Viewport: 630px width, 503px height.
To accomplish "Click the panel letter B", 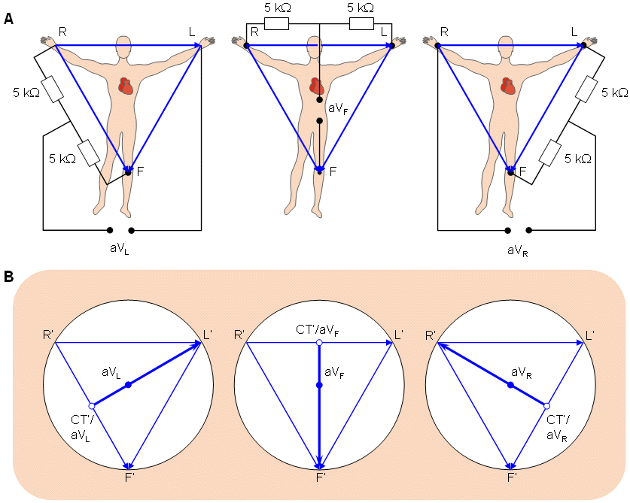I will click(x=9, y=277).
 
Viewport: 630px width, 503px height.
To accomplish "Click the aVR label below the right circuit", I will click(x=517, y=247).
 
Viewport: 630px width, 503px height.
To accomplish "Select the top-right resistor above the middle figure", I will click(x=361, y=23).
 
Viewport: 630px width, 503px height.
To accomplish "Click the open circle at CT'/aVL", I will click(x=92, y=406).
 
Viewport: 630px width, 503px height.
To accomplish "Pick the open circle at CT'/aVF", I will click(x=319, y=343).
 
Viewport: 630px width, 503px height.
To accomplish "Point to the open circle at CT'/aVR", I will click(x=546, y=406).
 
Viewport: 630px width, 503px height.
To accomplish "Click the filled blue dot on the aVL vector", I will click(x=128, y=385).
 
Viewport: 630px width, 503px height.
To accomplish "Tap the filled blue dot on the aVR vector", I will click(x=510, y=385).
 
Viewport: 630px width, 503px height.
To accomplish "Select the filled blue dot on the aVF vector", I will click(x=319, y=385).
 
